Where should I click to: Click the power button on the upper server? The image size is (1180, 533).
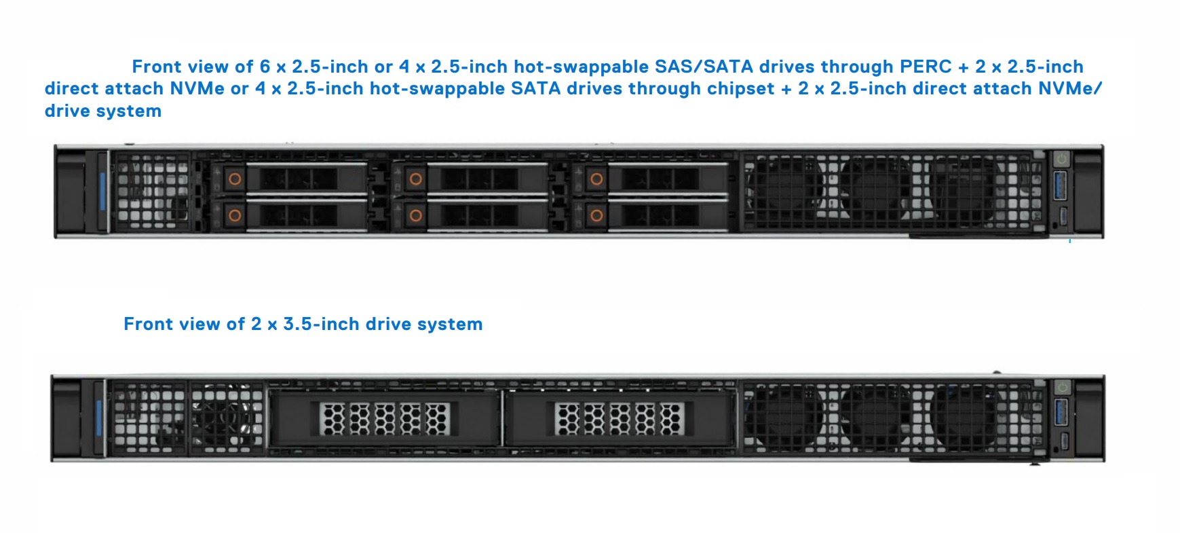[1061, 160]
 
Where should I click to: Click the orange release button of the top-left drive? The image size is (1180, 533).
[235, 179]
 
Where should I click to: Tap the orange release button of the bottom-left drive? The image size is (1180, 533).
[235, 216]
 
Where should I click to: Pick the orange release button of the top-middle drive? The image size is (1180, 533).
[416, 179]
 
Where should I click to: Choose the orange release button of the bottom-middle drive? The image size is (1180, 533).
[416, 216]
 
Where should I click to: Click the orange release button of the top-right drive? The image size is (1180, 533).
[596, 179]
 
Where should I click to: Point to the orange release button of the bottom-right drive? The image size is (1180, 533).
[596, 216]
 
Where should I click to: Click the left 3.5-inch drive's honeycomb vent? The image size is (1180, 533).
[385, 418]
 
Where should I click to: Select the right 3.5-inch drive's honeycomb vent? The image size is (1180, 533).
[620, 418]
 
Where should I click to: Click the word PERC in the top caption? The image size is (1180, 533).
[926, 67]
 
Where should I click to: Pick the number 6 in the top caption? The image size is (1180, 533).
[265, 67]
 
